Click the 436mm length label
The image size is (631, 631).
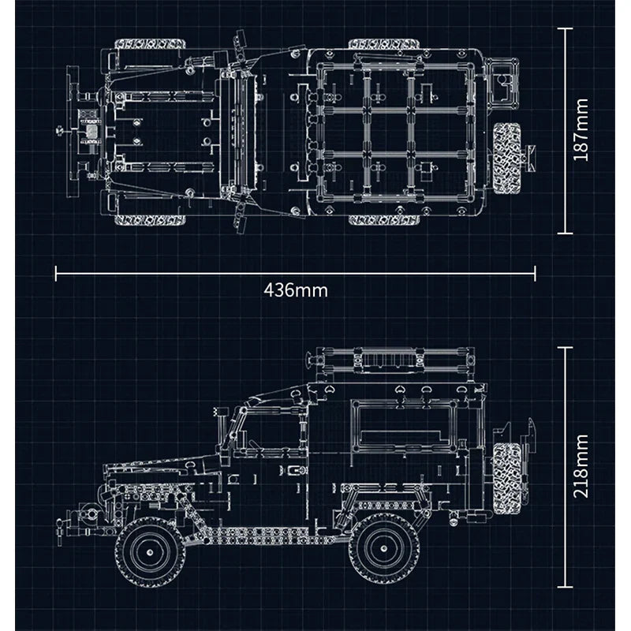pos(295,290)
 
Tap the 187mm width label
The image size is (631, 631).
pos(582,131)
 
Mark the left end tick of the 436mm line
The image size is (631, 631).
pos(55,273)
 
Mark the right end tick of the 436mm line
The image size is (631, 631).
pos(536,273)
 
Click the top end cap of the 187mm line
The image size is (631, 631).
pos(564,28)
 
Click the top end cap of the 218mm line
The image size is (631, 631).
pos(564,346)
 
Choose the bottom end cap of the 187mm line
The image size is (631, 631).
pos(564,233)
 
